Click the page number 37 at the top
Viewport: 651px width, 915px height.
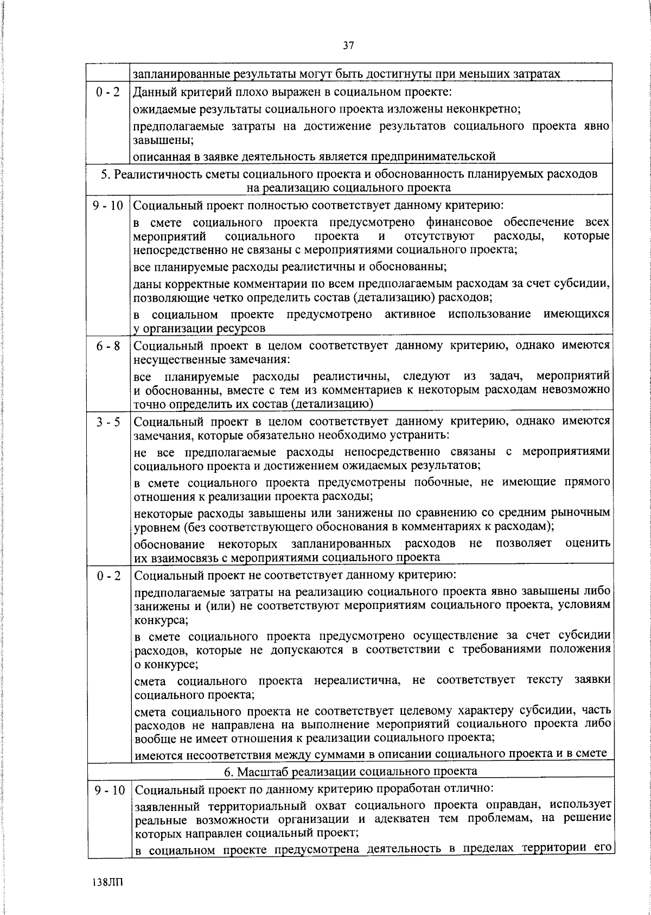[348, 46]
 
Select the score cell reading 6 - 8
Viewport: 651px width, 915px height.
[109, 346]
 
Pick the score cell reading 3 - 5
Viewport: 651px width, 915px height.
[109, 422]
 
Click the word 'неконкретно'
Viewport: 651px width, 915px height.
[484, 109]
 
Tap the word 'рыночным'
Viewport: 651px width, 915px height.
[583, 512]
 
